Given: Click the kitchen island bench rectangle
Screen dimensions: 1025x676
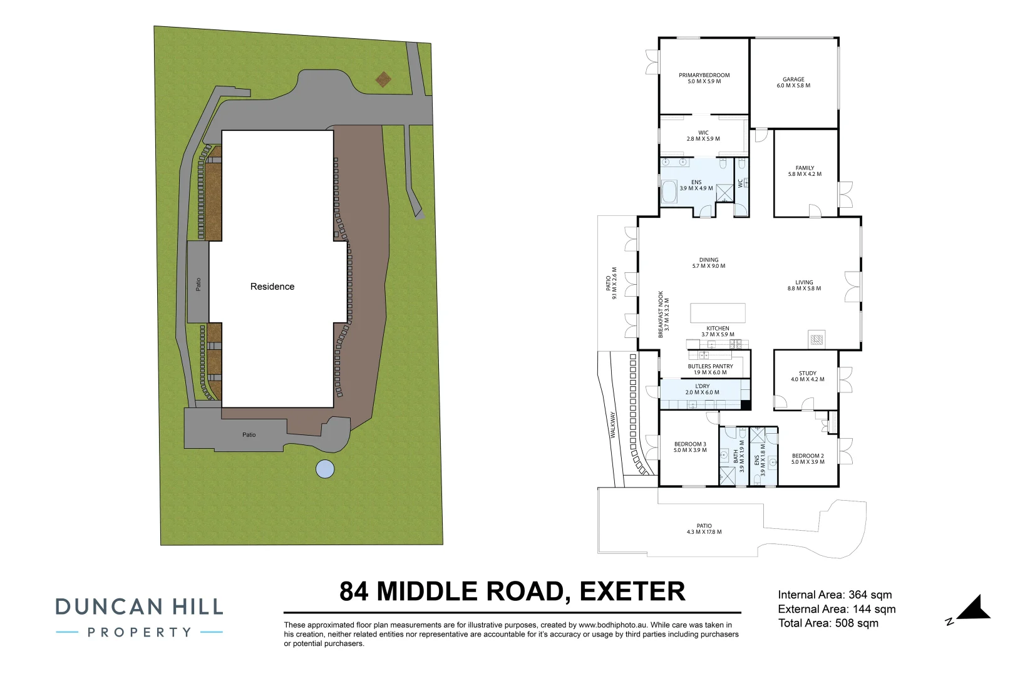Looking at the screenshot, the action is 718,314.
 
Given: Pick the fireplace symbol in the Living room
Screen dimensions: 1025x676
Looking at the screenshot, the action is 816,339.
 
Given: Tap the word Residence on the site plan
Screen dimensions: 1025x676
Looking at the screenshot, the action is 272,286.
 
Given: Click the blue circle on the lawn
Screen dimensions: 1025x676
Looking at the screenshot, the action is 325,469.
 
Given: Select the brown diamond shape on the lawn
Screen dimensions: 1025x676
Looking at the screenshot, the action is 383,79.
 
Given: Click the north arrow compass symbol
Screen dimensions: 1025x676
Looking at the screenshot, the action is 972,609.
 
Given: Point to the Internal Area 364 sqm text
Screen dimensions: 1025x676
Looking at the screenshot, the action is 835,595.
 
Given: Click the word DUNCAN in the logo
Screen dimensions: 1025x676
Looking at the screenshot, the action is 110,607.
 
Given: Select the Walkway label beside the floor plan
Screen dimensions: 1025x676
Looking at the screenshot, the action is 613,426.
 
